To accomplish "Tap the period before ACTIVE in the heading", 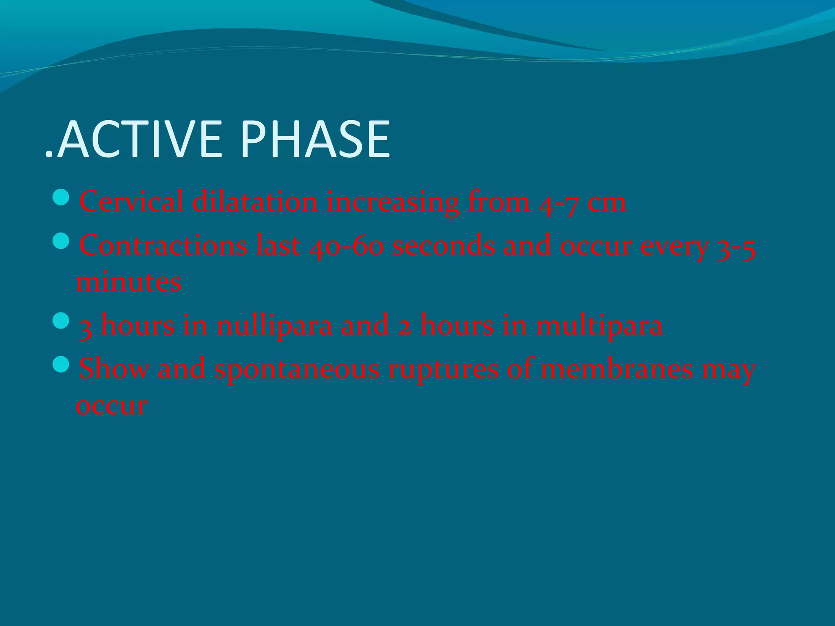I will pos(49,154).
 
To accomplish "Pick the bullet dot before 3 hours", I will pos(62,321).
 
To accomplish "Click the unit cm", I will pos(606,203).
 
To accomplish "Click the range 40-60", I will pos(347,246).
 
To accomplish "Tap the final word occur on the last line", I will pos(111,406).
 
